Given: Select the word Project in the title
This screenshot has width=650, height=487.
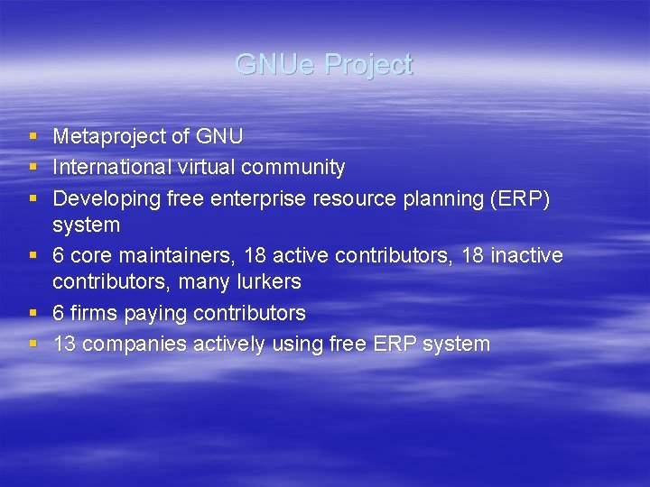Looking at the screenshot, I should click(x=368, y=65).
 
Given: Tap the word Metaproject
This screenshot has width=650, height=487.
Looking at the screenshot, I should click(x=109, y=137).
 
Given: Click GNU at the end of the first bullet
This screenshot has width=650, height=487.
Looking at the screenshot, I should click(x=219, y=137).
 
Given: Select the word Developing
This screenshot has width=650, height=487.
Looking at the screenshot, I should click(x=107, y=198).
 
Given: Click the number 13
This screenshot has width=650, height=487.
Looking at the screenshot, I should click(x=64, y=344).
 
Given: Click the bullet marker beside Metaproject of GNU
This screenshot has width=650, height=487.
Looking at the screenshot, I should click(x=32, y=137).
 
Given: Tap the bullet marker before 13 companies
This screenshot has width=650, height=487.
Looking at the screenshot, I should click(x=32, y=344).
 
